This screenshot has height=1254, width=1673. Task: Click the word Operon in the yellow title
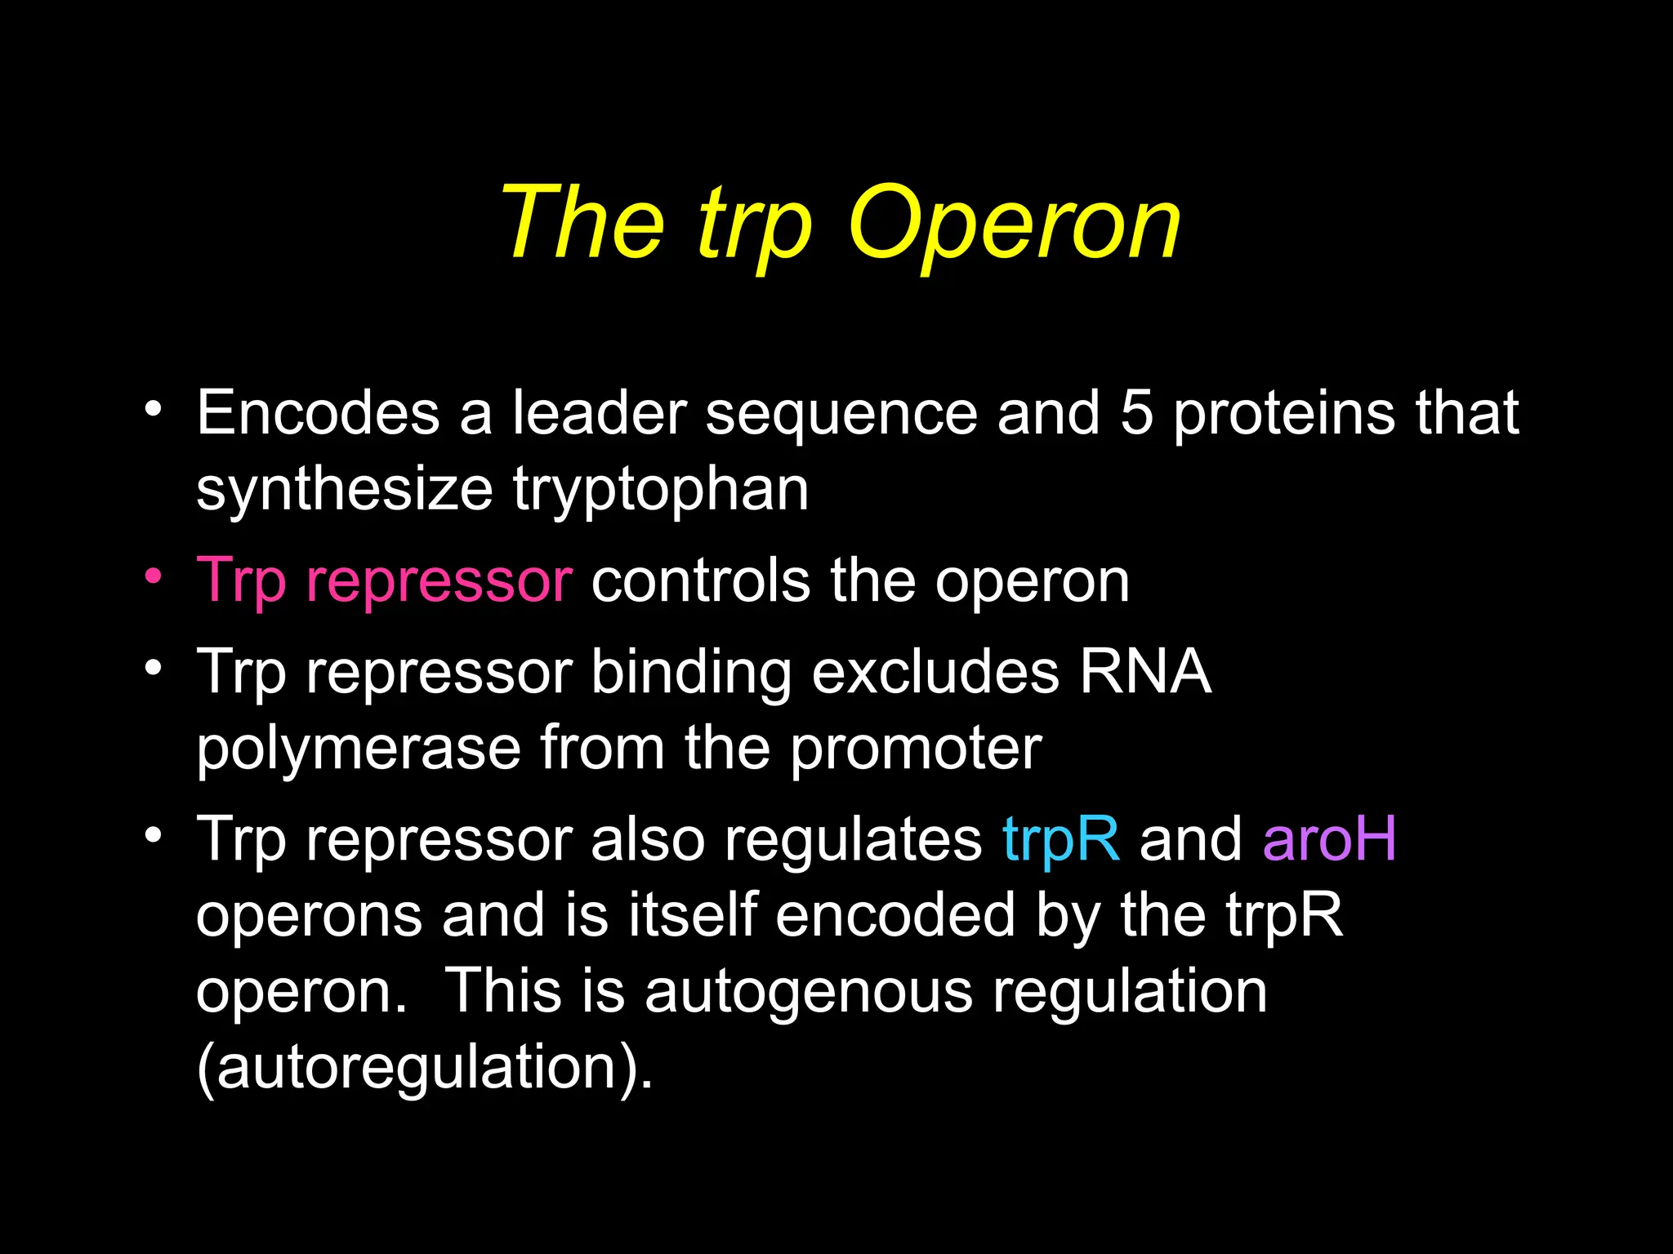pos(1015,223)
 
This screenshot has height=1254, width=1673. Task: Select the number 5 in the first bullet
pos(1136,412)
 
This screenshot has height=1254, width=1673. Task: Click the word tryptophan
pos(661,491)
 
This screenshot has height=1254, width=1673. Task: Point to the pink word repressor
pos(439,582)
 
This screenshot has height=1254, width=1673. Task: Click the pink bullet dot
pos(153,576)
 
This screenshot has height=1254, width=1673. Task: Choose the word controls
pos(700,580)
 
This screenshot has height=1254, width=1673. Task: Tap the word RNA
pos(1144,671)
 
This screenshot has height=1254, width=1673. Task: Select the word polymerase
pos(359,749)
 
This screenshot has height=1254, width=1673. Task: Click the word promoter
pos(916,748)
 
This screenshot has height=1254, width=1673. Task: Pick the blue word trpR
pos(1060,838)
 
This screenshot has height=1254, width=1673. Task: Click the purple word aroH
pos(1329,838)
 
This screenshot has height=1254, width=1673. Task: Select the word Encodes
pos(319,412)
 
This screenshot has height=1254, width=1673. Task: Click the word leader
pos(599,412)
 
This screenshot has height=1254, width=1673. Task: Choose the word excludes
pos(935,671)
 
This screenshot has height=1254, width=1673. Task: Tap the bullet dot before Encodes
pos(153,407)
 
